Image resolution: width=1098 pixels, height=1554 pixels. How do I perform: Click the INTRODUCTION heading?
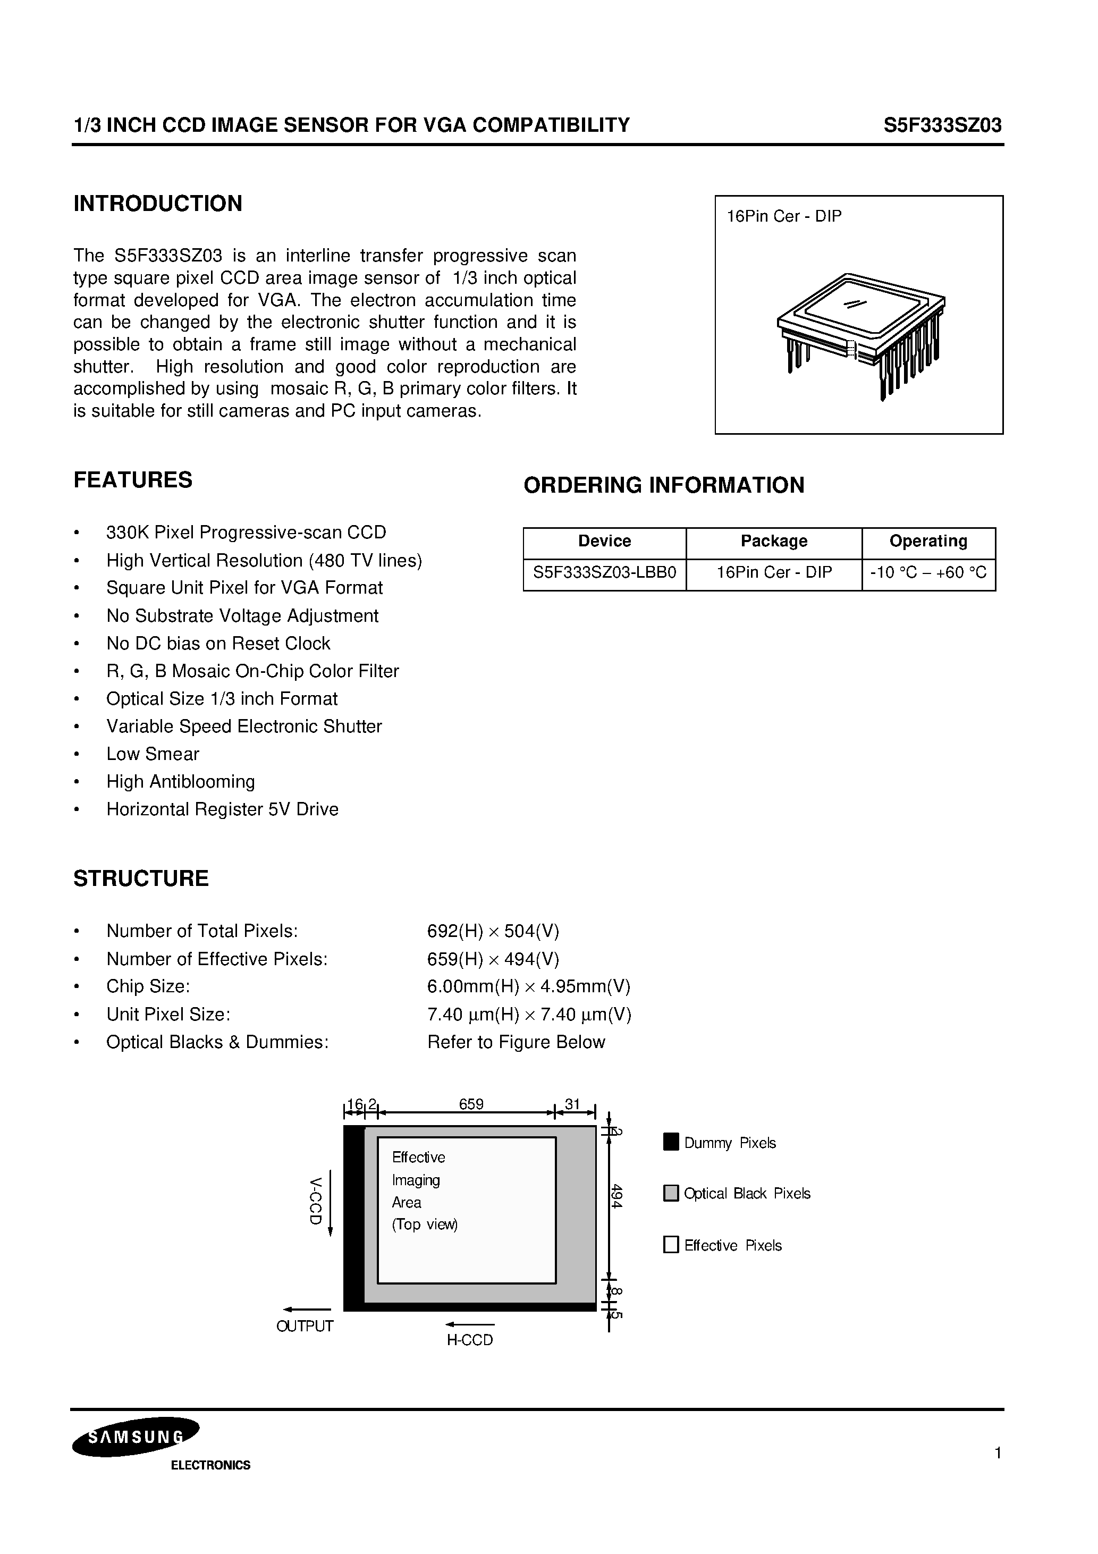click(x=158, y=204)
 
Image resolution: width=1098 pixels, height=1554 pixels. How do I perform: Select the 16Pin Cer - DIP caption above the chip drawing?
click(x=784, y=217)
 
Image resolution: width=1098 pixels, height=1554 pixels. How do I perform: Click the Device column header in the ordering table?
click(x=604, y=541)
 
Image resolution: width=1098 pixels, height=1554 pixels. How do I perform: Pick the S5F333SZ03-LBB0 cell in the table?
click(x=604, y=572)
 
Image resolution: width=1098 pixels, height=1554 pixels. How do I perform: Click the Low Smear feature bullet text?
click(x=153, y=754)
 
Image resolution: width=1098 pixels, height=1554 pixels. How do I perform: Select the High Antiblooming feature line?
click(x=181, y=782)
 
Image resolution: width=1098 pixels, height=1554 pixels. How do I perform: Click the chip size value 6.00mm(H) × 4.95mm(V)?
click(x=529, y=987)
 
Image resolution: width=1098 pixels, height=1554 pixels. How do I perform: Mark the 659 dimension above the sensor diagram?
click(x=471, y=1104)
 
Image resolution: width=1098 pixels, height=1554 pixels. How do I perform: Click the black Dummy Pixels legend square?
click(x=671, y=1142)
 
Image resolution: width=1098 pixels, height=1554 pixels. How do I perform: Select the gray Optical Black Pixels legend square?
click(x=671, y=1193)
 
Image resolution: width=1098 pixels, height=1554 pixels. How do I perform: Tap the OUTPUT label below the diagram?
click(x=305, y=1326)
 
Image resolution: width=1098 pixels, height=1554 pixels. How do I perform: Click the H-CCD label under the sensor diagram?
click(x=470, y=1340)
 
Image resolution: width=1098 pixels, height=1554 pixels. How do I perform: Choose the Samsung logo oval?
click(x=136, y=1436)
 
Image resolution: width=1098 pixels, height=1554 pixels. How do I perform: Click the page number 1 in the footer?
click(x=998, y=1453)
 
